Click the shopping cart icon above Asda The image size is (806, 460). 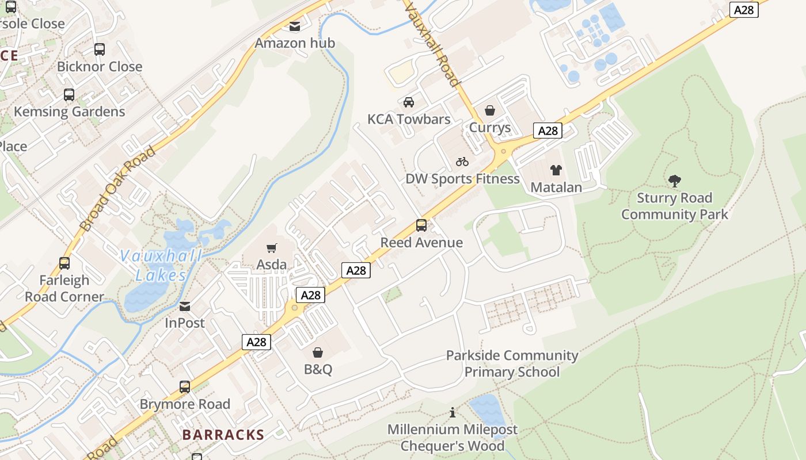(272, 248)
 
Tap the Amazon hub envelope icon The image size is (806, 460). (295, 26)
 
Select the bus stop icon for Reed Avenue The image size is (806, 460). (421, 225)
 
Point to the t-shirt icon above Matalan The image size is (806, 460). (556, 170)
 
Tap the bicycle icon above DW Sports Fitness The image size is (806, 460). (462, 162)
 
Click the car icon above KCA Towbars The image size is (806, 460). (409, 102)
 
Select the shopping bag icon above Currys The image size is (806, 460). (490, 110)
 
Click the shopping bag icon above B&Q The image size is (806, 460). (318, 352)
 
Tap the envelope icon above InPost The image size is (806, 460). (185, 306)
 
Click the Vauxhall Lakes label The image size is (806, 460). (161, 266)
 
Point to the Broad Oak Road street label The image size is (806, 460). (118, 189)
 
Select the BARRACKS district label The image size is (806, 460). (223, 435)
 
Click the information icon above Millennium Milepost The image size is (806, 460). (453, 413)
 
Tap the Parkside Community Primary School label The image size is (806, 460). (512, 363)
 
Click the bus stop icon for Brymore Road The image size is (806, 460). (185, 387)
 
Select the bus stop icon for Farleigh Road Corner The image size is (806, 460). (64, 263)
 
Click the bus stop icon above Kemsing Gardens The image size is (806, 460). (69, 95)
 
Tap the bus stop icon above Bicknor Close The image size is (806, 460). (100, 49)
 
